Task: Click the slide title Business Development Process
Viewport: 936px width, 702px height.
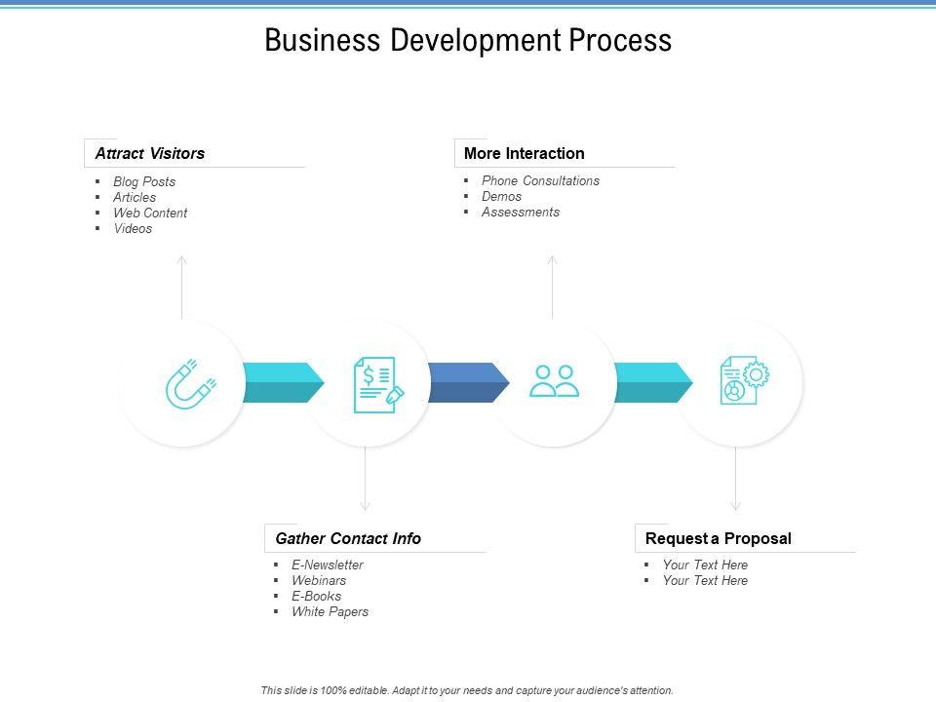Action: [x=468, y=41]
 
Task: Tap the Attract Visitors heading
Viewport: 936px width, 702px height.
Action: [x=150, y=153]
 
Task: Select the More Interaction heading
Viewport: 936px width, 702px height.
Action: [x=525, y=153]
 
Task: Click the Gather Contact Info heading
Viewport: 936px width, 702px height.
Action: [x=348, y=538]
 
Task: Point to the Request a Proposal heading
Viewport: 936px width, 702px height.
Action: [x=719, y=538]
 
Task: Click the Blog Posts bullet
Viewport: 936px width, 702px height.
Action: [x=144, y=181]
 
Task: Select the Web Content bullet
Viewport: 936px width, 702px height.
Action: [x=150, y=213]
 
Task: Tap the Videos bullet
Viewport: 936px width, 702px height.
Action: [x=133, y=228]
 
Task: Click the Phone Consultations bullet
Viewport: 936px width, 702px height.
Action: [x=540, y=180]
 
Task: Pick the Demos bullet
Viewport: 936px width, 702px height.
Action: [x=501, y=196]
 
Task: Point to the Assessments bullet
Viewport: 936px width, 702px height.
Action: [x=521, y=212]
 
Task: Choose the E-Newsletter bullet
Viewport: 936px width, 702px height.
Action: [x=328, y=565]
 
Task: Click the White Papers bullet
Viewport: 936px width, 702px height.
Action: [x=330, y=611]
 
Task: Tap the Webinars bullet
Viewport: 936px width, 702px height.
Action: [x=319, y=580]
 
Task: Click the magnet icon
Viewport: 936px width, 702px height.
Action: [x=189, y=383]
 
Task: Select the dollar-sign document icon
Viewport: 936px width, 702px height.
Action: [x=376, y=383]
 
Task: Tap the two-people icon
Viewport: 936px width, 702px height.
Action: [x=554, y=381]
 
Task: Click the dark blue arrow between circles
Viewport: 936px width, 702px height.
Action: [x=468, y=382]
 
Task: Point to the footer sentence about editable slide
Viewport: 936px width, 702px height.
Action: [x=467, y=690]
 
